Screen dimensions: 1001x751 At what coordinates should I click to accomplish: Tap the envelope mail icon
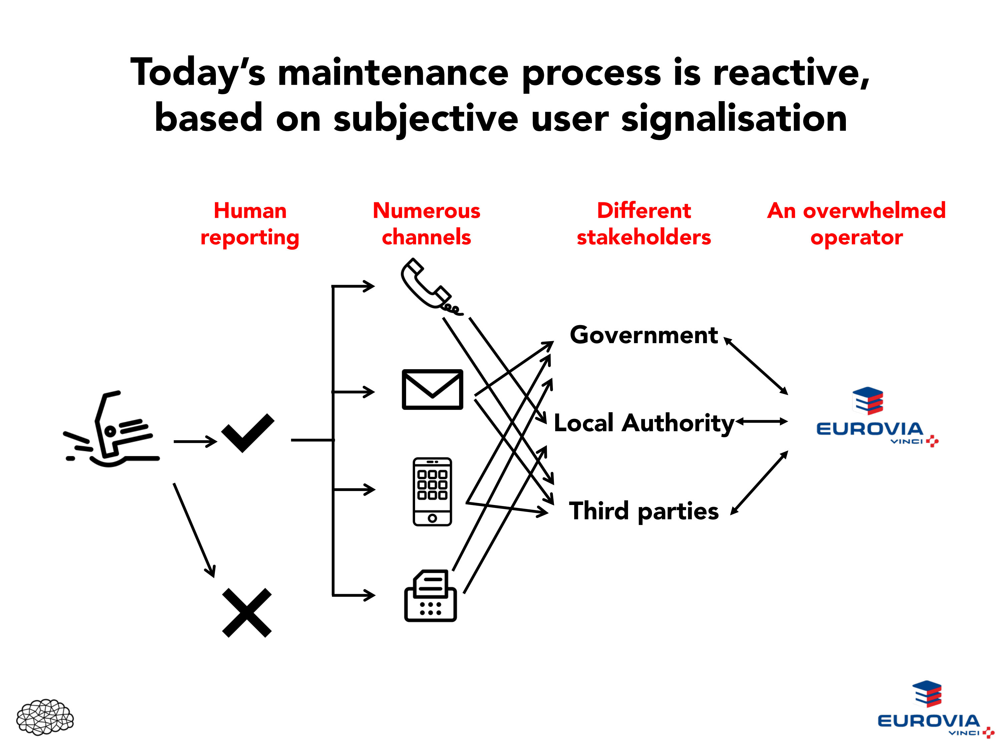[x=432, y=389]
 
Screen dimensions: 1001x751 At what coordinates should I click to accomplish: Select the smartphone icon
[x=432, y=492]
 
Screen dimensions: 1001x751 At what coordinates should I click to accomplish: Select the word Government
[x=644, y=335]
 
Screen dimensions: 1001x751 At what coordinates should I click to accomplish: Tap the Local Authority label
[x=644, y=423]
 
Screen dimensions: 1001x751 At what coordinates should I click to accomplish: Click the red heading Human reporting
[x=250, y=224]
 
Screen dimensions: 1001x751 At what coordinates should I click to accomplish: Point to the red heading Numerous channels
[x=426, y=224]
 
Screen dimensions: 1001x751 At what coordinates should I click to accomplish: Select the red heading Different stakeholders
[x=644, y=224]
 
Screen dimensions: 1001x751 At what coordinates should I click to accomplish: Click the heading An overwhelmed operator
[x=856, y=224]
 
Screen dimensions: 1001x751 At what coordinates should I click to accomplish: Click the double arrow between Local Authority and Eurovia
[x=762, y=422]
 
